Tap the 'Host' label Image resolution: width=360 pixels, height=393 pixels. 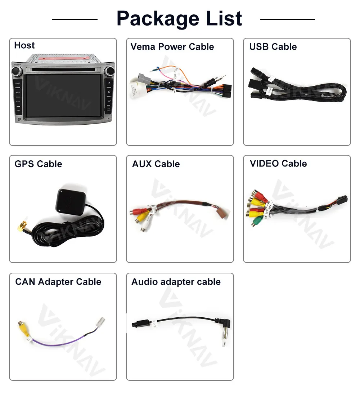(x=24, y=45)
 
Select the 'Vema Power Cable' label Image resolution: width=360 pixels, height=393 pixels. (x=172, y=47)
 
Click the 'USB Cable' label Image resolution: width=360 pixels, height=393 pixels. (x=273, y=47)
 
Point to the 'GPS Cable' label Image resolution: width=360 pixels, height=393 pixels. (x=38, y=164)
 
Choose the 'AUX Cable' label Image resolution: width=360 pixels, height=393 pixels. (x=156, y=164)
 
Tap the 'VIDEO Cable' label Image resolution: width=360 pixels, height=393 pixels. (x=278, y=164)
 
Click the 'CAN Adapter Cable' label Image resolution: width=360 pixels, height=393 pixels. (x=58, y=282)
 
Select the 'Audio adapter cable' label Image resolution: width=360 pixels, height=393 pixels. (x=176, y=282)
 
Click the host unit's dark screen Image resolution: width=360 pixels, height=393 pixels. (x=63, y=95)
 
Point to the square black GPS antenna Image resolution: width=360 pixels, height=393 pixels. (x=70, y=201)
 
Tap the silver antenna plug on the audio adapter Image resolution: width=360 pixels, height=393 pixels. (x=224, y=340)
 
